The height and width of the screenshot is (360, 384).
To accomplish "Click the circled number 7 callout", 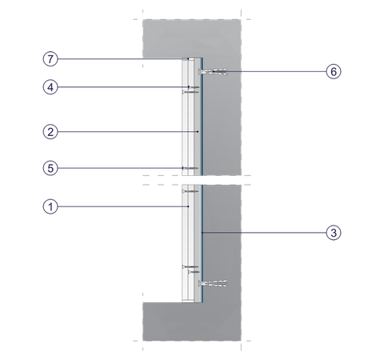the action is tap(50, 58).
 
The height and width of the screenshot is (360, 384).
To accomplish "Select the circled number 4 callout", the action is tap(50, 87).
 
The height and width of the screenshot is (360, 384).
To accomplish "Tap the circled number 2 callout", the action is tap(50, 132).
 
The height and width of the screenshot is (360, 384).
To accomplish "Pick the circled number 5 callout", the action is tap(50, 168).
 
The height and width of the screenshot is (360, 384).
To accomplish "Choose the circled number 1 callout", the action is tap(50, 206).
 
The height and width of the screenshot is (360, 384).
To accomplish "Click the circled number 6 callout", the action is tap(334, 71).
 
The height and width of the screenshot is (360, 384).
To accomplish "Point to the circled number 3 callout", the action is tap(334, 233).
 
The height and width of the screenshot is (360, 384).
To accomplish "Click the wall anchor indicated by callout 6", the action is tap(213, 71).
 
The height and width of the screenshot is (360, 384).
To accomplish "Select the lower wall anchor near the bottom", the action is tap(213, 283).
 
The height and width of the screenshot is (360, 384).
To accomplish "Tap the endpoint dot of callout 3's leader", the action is tap(202, 233).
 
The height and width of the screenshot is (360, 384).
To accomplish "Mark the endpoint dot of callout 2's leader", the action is tap(198, 132).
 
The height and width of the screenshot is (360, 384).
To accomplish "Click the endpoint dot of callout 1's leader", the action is tap(188, 206).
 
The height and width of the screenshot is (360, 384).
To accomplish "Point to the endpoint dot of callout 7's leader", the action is tap(188, 58).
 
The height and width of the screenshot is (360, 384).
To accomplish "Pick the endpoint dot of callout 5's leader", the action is tap(183, 168).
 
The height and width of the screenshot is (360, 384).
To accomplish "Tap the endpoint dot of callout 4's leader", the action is tap(189, 87).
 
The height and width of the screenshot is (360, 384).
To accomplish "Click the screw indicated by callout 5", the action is tap(190, 168).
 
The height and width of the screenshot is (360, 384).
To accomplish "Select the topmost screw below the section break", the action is tap(190, 191).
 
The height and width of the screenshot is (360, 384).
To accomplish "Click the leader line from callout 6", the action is tap(270, 71).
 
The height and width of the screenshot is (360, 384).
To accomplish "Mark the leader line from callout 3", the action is tap(264, 233).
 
